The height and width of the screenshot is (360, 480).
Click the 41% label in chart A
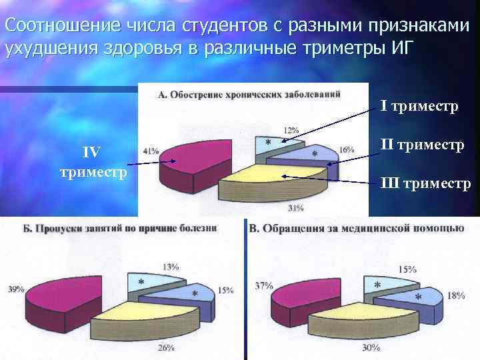click(x=151, y=151)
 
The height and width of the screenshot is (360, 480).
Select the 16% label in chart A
click(x=347, y=150)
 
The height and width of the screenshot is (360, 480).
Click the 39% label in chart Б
click(x=17, y=289)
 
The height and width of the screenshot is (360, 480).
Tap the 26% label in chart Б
click(x=166, y=347)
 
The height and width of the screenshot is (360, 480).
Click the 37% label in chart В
click(x=264, y=285)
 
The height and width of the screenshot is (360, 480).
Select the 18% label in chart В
click(x=456, y=295)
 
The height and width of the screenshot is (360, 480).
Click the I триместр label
click(x=420, y=107)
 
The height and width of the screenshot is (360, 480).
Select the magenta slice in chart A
click(x=193, y=160)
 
